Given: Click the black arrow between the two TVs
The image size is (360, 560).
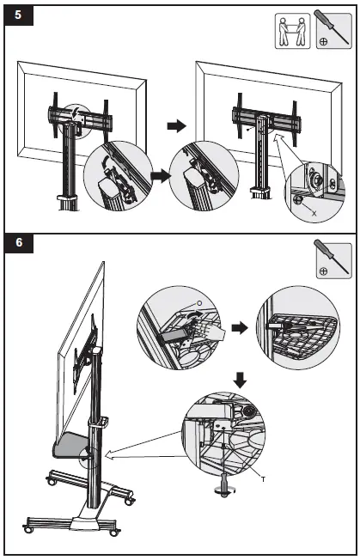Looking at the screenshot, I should pyautogui.click(x=176, y=125).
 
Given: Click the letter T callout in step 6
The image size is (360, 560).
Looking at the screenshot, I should pyautogui.click(x=261, y=479).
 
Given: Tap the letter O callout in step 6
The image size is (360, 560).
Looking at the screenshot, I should pyautogui.click(x=199, y=302).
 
